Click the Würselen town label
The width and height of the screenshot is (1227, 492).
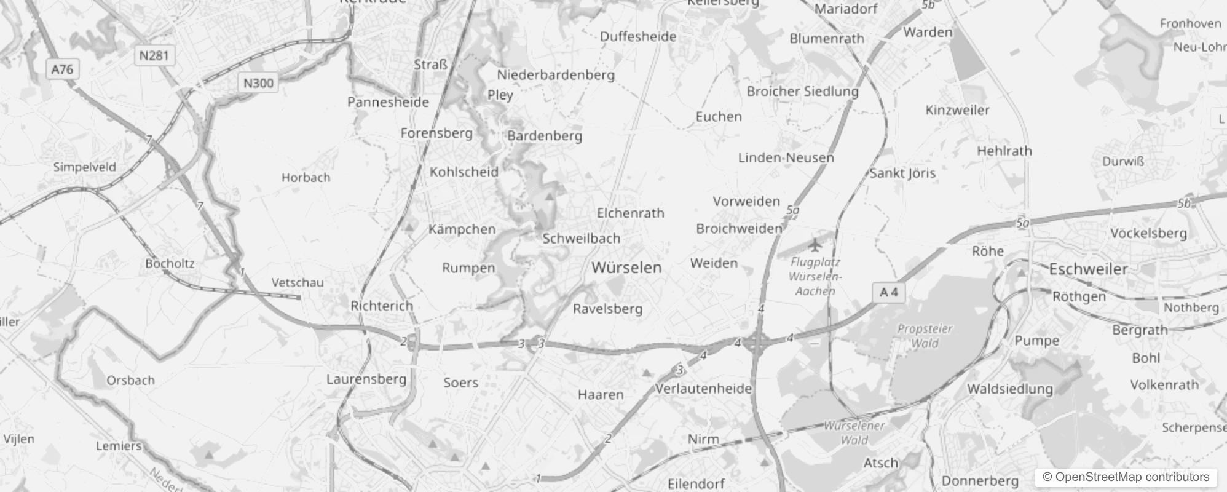(626, 268)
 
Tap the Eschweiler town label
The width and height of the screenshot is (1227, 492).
(1088, 269)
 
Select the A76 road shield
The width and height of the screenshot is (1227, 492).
(62, 69)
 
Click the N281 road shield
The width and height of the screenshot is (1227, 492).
(154, 56)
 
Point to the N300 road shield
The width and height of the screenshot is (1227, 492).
(258, 83)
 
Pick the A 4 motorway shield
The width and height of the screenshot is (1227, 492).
(888, 292)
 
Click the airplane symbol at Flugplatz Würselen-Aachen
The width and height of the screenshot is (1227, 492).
(815, 245)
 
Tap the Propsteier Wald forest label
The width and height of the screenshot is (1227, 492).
(925, 336)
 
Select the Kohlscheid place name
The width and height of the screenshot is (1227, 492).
(464, 172)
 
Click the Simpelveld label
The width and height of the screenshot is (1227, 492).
(84, 167)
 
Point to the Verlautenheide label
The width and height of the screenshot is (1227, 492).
(703, 389)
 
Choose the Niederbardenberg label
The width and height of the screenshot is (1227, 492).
(556, 75)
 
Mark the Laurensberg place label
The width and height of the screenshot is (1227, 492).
(366, 379)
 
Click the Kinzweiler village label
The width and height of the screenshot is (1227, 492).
(957, 110)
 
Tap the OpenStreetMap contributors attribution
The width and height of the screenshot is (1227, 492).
(1126, 477)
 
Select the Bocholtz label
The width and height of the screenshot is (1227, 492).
(170, 263)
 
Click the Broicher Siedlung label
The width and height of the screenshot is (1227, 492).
(802, 92)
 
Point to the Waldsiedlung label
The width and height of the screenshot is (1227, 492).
(1009, 389)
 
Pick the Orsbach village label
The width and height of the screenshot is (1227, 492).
(130, 380)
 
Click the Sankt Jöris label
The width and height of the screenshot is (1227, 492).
(902, 173)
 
